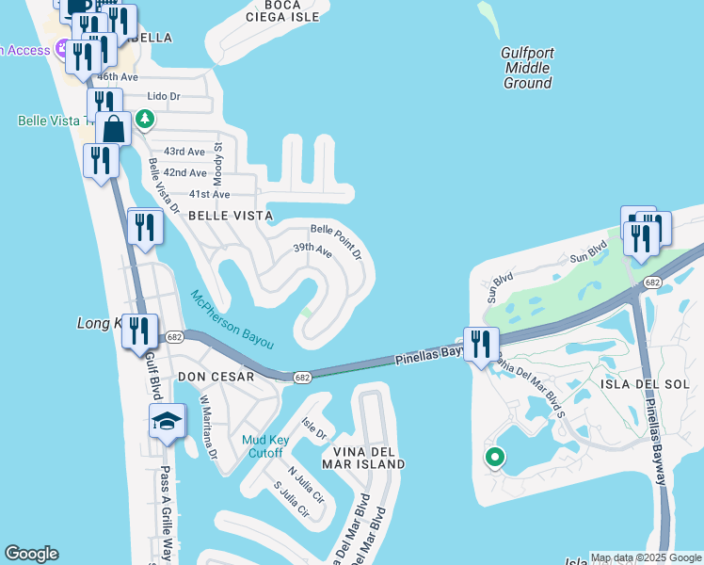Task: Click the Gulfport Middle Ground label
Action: (x=527, y=68)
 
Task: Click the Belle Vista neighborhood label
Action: (x=231, y=216)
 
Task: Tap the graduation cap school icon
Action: (x=167, y=422)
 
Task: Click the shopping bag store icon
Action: (x=113, y=128)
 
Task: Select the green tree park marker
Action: (x=144, y=119)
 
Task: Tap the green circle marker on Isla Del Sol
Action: (x=494, y=458)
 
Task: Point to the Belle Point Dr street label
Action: (x=337, y=240)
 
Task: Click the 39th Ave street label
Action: (x=312, y=250)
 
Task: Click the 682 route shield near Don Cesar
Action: (x=302, y=378)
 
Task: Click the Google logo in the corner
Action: (x=31, y=554)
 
